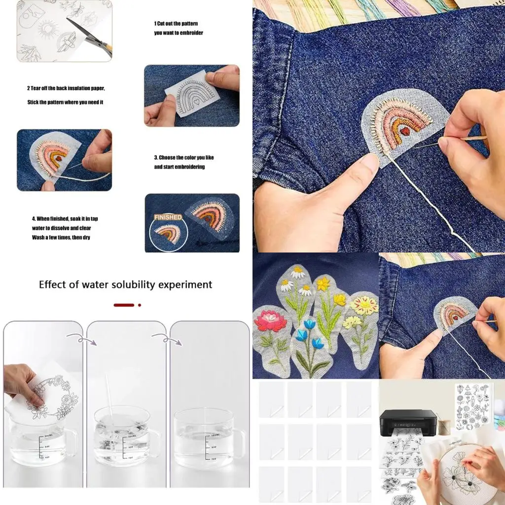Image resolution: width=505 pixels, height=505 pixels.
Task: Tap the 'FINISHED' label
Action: pos(168,217)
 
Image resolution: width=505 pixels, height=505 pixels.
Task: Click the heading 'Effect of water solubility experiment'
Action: pos(125,285)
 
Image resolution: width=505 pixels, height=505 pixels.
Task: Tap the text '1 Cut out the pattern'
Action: pos(176,24)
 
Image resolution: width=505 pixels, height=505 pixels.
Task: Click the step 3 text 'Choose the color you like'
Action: pos(183,158)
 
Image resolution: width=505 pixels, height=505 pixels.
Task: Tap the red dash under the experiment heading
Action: pos(124,305)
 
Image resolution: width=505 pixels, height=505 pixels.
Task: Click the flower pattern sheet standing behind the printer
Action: pos(472,407)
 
